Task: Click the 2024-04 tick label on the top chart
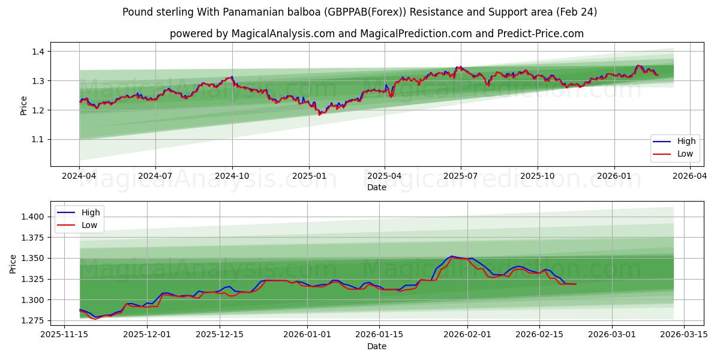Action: click(79, 176)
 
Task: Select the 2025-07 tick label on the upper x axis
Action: click(461, 176)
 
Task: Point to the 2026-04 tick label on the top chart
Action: click(690, 176)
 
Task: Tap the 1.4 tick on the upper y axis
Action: click(38, 52)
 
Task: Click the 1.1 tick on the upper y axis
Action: click(38, 140)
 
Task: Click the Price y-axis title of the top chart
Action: click(23, 105)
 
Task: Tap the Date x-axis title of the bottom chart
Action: click(376, 346)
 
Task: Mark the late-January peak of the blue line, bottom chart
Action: click(452, 256)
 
